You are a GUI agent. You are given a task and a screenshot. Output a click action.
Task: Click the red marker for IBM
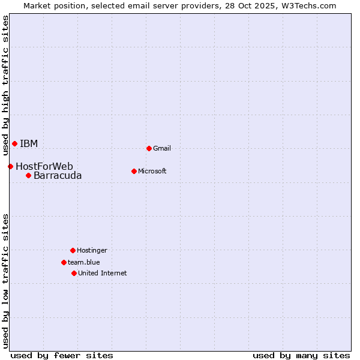14,143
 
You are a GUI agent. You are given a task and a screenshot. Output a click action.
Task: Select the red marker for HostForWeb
10,166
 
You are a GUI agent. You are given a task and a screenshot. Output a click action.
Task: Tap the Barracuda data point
28,175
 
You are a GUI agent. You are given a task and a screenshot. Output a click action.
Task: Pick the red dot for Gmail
149,148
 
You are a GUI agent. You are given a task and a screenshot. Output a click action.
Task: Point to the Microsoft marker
134,171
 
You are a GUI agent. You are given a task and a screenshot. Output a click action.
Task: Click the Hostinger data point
73,250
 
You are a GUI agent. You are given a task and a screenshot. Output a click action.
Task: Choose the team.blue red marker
64,262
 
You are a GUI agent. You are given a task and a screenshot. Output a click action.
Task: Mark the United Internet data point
74,273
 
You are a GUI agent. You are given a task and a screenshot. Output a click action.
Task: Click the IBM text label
29,143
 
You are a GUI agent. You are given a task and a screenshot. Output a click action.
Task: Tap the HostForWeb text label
44,166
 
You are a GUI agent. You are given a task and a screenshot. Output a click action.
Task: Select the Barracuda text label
58,175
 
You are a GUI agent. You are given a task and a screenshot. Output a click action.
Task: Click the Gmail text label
162,148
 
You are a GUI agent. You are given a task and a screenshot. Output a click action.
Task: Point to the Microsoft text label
152,171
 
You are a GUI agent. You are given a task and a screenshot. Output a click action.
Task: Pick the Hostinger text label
92,250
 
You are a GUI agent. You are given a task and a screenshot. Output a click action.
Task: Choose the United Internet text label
103,273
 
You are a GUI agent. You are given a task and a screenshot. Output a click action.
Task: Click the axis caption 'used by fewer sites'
62,355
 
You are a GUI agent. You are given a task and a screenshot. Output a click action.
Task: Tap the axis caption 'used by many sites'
301,355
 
